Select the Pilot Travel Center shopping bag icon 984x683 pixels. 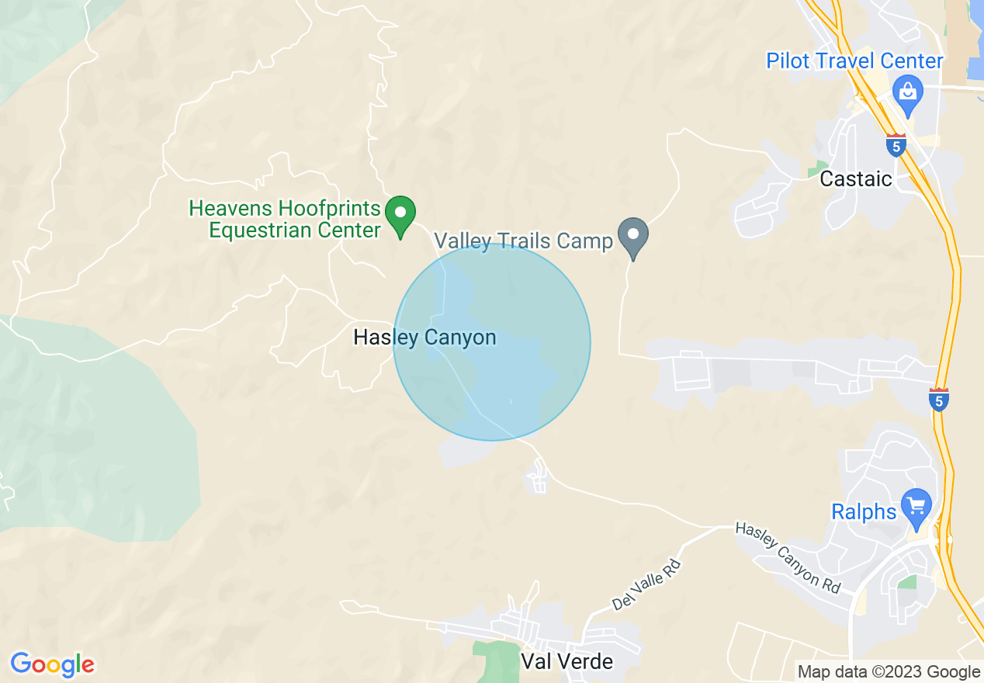[907, 92]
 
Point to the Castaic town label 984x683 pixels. [856, 179]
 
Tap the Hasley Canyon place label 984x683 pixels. [424, 338]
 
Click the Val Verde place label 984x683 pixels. [566, 661]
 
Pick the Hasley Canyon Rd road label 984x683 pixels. [787, 558]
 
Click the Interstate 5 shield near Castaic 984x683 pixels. [896, 145]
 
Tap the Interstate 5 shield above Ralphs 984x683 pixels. [939, 400]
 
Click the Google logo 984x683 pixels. [52, 664]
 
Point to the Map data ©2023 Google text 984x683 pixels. [889, 672]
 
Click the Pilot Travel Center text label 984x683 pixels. [854, 61]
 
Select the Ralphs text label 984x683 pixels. [864, 512]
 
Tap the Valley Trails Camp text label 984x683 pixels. [523, 241]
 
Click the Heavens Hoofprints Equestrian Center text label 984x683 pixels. [286, 219]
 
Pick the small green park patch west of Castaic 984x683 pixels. [817, 168]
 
